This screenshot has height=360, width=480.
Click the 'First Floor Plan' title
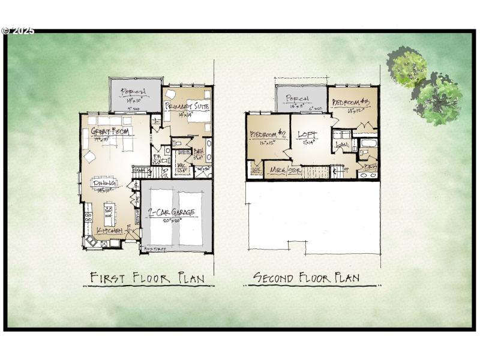pos(147,278)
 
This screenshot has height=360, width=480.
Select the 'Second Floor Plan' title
pos(306,277)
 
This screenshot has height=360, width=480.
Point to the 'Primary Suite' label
pos(188,106)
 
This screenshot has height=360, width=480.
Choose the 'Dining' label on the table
pos(104,184)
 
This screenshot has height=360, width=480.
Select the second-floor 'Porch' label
pos(297,98)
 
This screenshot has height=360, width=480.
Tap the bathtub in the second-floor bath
pos(367,144)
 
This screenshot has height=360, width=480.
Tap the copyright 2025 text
pos(18,31)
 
